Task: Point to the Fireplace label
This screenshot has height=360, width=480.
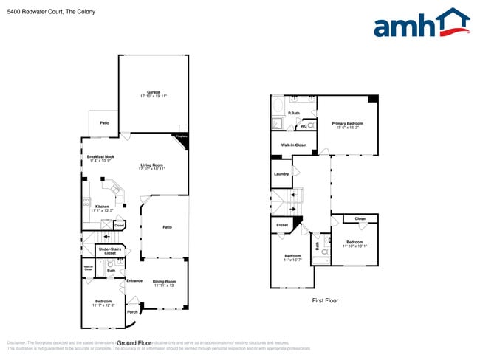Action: point(181,137)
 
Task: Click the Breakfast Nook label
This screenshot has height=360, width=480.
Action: point(100,158)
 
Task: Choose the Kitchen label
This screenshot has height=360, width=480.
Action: point(102,207)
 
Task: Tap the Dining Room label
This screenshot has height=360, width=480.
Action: point(164,283)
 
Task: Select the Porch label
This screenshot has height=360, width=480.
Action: point(132,311)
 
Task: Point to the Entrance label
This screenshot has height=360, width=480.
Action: point(134,280)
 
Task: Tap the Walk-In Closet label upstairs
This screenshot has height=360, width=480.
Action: point(294,145)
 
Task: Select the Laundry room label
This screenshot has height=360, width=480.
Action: point(281,174)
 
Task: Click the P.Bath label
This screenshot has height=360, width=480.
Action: point(293,113)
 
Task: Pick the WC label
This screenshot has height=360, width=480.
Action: point(304,126)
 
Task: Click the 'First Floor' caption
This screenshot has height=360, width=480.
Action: point(325,300)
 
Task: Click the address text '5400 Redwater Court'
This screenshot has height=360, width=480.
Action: point(34,12)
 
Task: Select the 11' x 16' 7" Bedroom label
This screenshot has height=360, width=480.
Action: point(292,258)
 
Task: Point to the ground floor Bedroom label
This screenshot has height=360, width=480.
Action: point(103,302)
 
